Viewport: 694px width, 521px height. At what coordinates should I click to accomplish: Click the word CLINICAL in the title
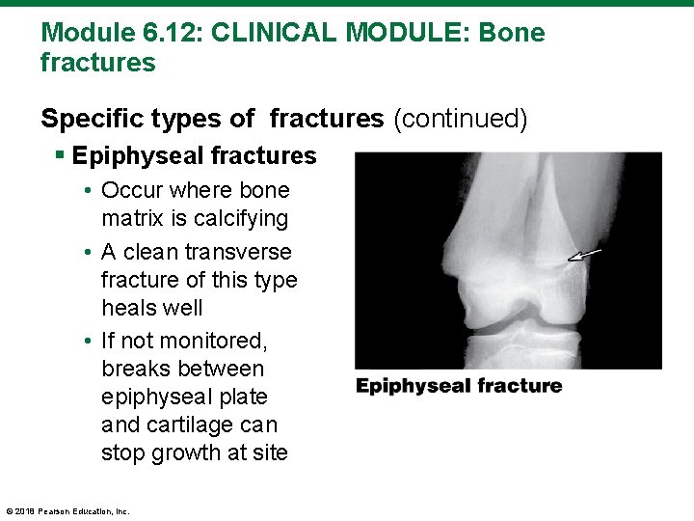tap(272, 33)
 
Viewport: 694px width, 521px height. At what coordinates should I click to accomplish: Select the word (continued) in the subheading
tap(459, 119)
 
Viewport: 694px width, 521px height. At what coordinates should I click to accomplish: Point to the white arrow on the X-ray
tap(584, 256)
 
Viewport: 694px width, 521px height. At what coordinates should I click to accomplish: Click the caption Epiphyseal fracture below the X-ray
tap(459, 386)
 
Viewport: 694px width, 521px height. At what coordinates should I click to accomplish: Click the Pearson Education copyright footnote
tap(67, 511)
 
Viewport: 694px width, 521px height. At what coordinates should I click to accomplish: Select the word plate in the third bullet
tap(242, 397)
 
